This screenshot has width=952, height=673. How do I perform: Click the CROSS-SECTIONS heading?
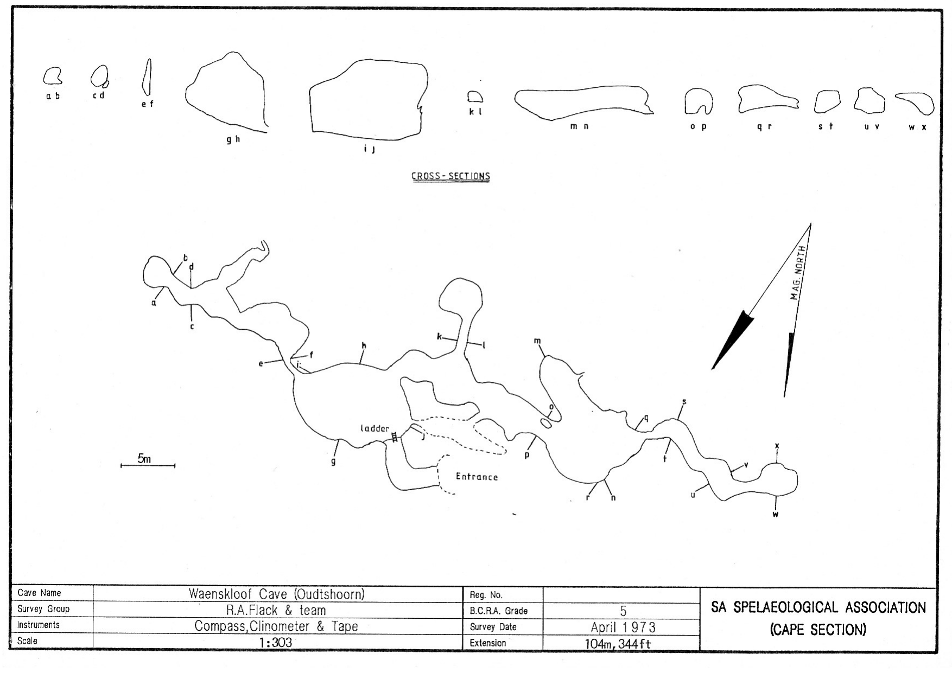pyautogui.click(x=451, y=176)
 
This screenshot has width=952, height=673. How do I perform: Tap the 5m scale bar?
pyautogui.click(x=148, y=465)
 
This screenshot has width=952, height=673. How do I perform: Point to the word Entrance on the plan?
pyautogui.click(x=477, y=477)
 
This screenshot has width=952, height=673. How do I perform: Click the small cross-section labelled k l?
pyautogui.click(x=475, y=92)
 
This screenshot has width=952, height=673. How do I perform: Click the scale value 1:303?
pyautogui.click(x=276, y=643)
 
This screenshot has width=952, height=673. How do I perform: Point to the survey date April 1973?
pyautogui.click(x=623, y=627)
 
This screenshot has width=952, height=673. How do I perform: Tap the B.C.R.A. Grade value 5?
pyautogui.click(x=623, y=611)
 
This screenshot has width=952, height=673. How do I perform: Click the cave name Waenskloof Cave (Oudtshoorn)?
pyautogui.click(x=276, y=594)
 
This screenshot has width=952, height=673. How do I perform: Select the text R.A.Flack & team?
pyautogui.click(x=276, y=610)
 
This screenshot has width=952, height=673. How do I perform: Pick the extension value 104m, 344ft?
pyautogui.click(x=618, y=644)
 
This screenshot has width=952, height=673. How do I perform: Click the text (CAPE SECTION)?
pyautogui.click(x=818, y=630)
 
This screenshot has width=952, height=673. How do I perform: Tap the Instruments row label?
pyautogui.click(x=39, y=625)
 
